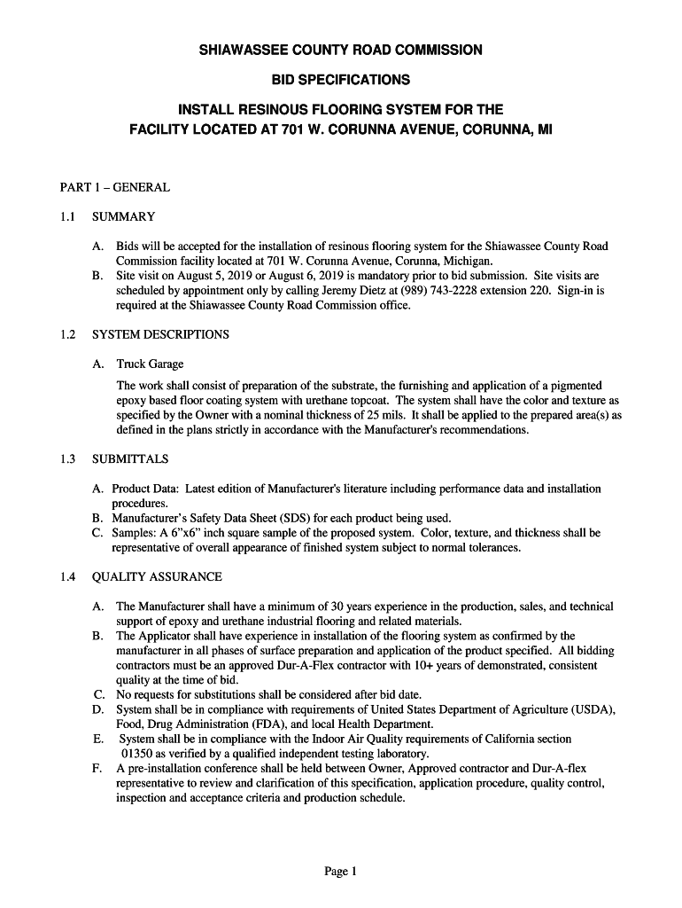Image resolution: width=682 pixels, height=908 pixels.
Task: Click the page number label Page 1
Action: coord(340,872)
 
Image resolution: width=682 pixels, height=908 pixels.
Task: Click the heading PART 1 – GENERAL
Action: coord(114,187)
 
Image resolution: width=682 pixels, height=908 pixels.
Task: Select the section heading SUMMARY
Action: coord(124,216)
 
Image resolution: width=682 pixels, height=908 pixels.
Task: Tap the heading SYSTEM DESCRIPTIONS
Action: coord(160,334)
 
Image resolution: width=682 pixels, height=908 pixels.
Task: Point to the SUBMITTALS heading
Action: coord(130,459)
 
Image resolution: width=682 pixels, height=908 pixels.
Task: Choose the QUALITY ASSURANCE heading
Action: coord(157,577)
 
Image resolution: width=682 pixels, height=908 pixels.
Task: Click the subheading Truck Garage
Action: coord(150,364)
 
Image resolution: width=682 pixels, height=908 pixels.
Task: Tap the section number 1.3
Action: coord(68,459)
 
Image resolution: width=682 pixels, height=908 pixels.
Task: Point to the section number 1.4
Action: coord(68,577)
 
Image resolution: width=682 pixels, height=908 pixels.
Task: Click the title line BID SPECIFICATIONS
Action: coord(341,80)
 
